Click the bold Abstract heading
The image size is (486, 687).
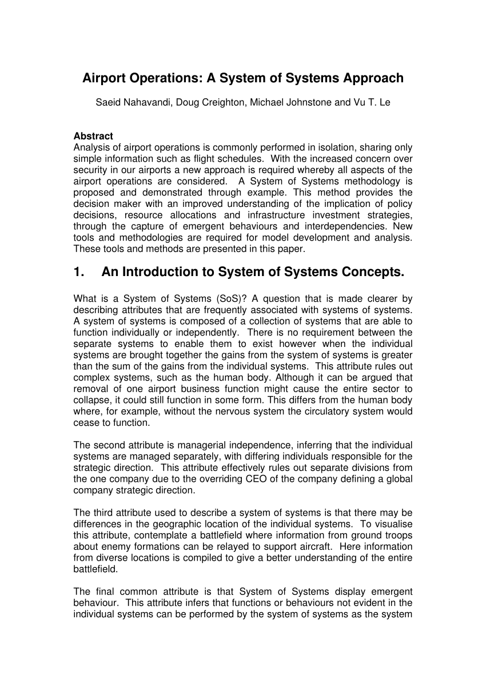click(93, 136)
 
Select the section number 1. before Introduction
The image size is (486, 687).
click(79, 273)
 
